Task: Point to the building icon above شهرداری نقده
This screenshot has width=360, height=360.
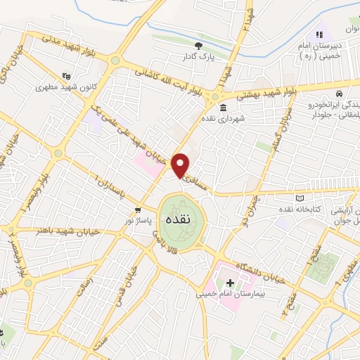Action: (223, 108)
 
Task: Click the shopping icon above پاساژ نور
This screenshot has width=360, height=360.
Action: (139, 210)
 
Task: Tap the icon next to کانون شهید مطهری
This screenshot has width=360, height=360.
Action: (67, 76)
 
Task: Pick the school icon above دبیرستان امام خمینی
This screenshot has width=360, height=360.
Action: (319, 34)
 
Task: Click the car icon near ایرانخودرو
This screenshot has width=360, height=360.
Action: (339, 94)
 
